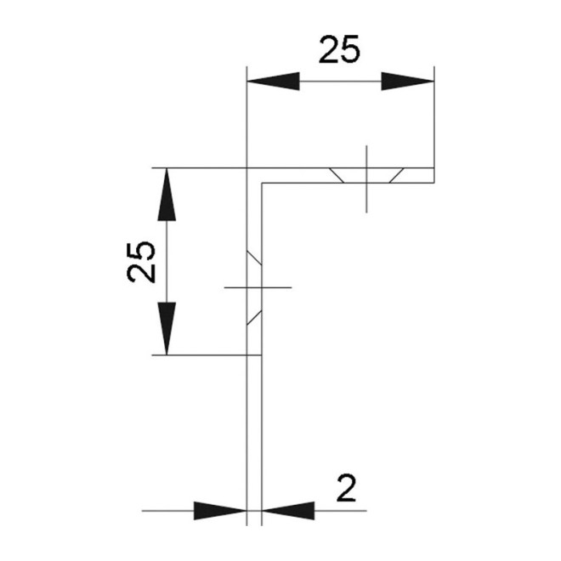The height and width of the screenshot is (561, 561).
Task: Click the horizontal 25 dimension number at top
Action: [x=340, y=50]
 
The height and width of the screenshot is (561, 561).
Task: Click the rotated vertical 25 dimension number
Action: [x=141, y=261]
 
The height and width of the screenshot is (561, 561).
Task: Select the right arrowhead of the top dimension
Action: [x=407, y=82]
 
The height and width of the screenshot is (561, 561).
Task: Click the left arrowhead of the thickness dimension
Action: [x=220, y=511]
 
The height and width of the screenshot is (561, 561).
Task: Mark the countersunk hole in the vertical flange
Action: [x=254, y=287]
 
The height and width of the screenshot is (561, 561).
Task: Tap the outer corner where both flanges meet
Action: [x=246, y=167]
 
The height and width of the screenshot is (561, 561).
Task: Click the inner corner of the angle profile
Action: [x=262, y=183]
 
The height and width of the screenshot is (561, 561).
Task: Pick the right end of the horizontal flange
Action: [x=433, y=175]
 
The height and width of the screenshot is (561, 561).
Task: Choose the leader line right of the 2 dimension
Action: [x=340, y=511]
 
